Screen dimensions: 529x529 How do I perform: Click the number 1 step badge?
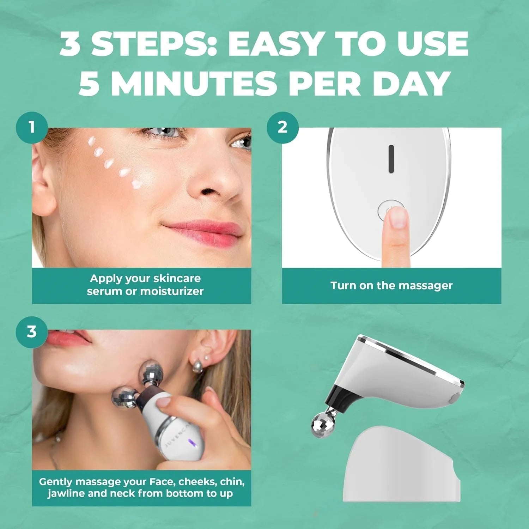[32, 127]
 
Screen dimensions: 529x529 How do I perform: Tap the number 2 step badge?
[282, 127]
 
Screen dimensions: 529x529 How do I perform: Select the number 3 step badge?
[32, 332]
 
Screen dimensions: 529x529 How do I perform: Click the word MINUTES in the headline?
[195, 83]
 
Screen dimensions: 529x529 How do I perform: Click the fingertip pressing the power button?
[397, 217]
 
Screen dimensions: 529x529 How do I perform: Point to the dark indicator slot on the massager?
[391, 159]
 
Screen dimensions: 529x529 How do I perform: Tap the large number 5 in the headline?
[89, 83]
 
